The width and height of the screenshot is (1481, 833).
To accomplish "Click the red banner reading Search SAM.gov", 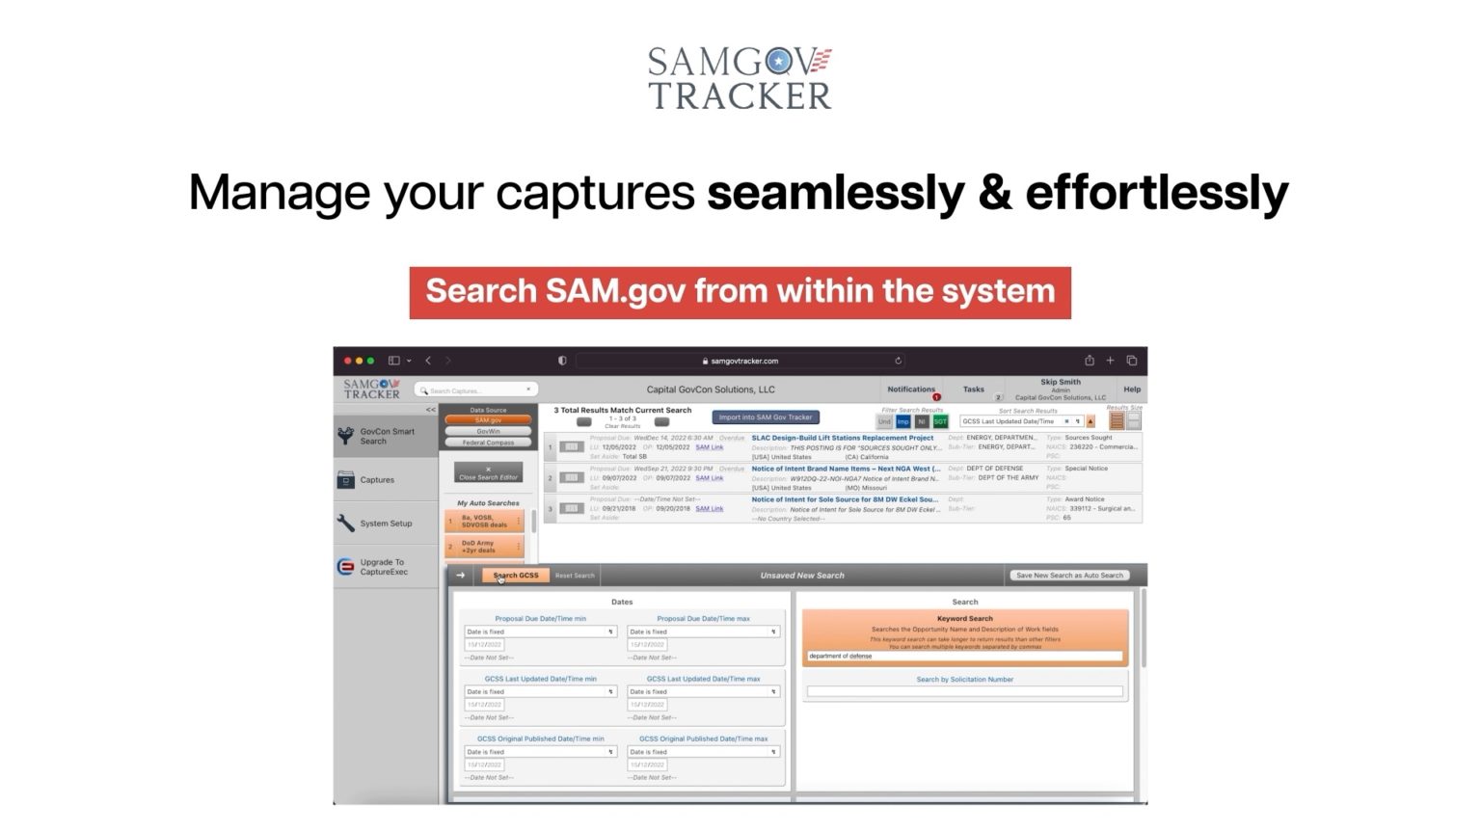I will pyautogui.click(x=740, y=292).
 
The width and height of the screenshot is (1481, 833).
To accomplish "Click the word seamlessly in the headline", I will pyautogui.click(x=835, y=192).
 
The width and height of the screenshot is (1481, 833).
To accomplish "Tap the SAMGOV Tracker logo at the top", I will pyautogui.click(x=740, y=77).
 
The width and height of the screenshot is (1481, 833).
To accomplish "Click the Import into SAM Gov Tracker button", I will pyautogui.click(x=766, y=417).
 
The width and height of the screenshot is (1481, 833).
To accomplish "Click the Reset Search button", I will pyautogui.click(x=575, y=576).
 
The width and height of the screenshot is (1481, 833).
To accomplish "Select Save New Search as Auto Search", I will pyautogui.click(x=1069, y=576).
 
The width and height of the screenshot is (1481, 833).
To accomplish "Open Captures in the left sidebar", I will pyautogui.click(x=377, y=480).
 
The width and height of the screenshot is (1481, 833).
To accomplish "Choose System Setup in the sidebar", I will pyautogui.click(x=386, y=524).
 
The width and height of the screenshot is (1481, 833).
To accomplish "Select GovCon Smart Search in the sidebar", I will pyautogui.click(x=387, y=436).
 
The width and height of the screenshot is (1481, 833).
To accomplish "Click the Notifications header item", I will pyautogui.click(x=910, y=390).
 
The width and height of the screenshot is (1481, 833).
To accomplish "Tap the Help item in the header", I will pyautogui.click(x=1132, y=390).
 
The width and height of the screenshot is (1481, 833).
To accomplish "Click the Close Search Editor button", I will pyautogui.click(x=488, y=473).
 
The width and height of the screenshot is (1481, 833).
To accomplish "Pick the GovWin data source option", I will pyautogui.click(x=488, y=432).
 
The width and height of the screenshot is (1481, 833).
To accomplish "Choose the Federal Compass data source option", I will pyautogui.click(x=488, y=443).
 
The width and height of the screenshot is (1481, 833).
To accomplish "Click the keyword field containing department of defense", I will pyautogui.click(x=964, y=656).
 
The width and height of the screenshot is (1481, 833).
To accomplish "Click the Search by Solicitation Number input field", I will pyautogui.click(x=964, y=691).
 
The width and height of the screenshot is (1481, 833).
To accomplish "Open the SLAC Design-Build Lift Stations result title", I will pyautogui.click(x=842, y=438).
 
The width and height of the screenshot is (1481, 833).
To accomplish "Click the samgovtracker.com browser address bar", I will pyautogui.click(x=740, y=361).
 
